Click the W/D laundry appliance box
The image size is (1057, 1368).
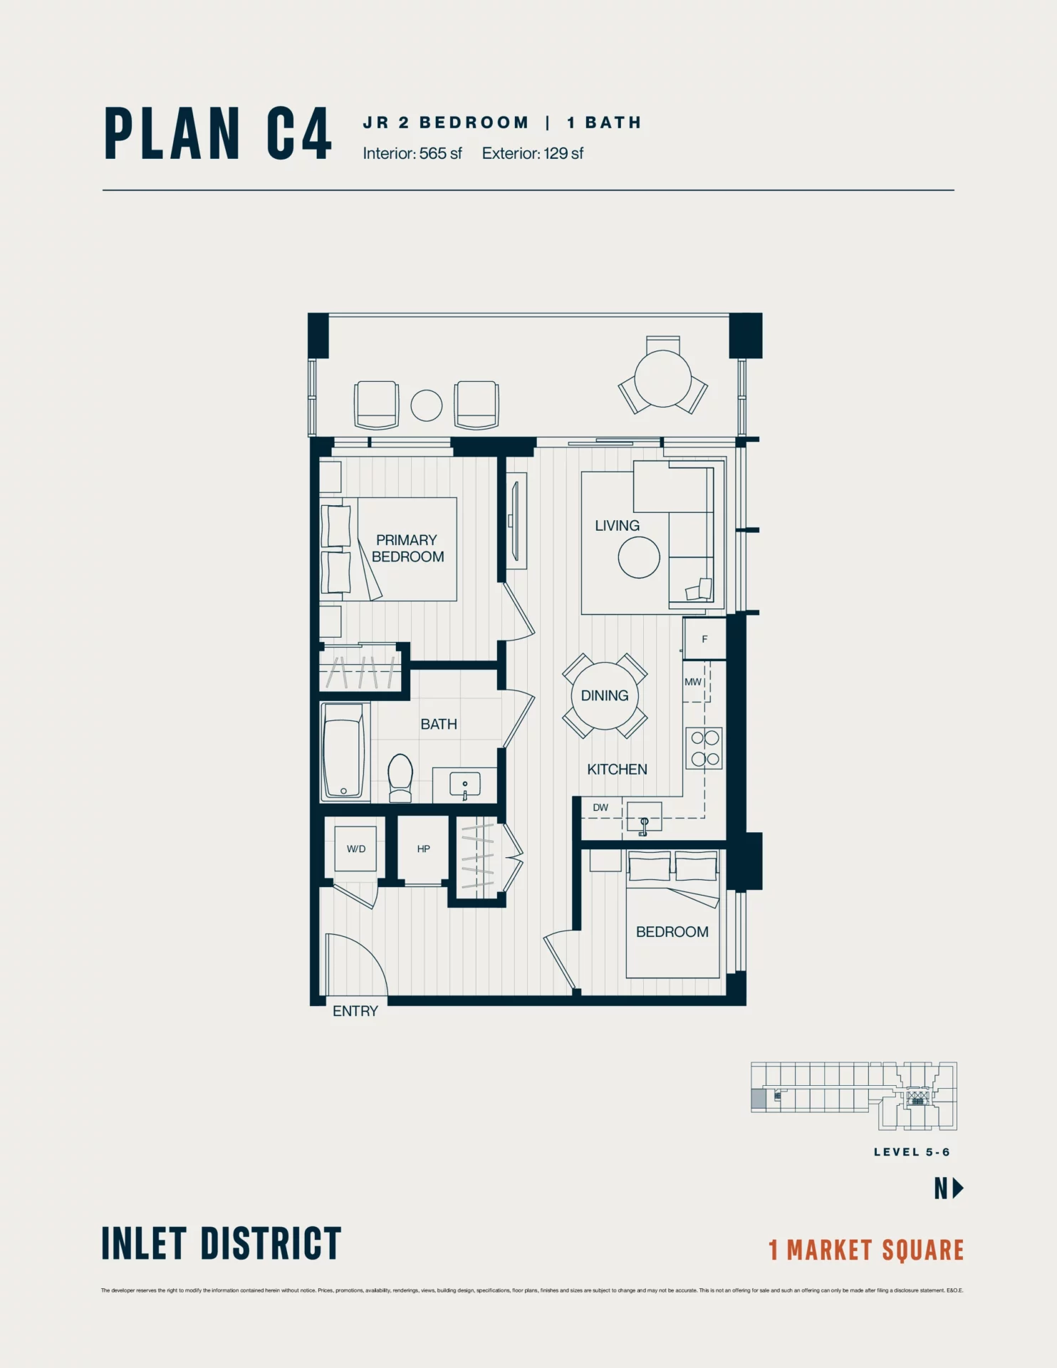(x=355, y=849)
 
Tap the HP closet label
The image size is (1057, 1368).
(x=423, y=849)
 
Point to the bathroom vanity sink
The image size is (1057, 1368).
(x=464, y=784)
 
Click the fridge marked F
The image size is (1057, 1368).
(x=704, y=638)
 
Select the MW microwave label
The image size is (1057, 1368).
(x=692, y=682)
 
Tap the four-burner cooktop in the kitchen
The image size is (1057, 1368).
(x=704, y=748)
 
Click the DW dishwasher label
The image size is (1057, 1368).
(x=600, y=807)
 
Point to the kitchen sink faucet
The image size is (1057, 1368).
(x=644, y=825)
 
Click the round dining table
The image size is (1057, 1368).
(x=605, y=695)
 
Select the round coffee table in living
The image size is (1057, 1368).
(x=639, y=557)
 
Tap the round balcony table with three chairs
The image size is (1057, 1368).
(x=662, y=378)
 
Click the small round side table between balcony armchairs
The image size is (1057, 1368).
(x=427, y=406)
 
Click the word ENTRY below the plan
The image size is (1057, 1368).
(x=355, y=1011)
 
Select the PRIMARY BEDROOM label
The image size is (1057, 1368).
(x=407, y=548)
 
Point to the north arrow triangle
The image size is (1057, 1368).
(x=958, y=1188)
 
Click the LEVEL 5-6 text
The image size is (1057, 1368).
(x=912, y=1152)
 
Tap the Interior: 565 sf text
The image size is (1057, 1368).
(x=412, y=153)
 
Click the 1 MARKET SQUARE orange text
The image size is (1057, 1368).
(x=865, y=1250)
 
